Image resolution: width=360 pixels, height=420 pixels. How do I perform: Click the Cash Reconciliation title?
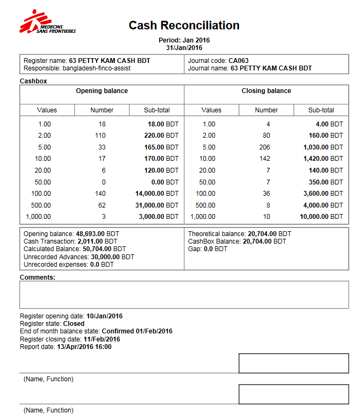pyautogui.click(x=184, y=25)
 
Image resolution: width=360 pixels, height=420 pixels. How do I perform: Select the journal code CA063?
pyautogui.click(x=238, y=61)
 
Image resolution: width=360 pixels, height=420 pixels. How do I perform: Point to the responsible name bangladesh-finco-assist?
pyautogui.click(x=97, y=68)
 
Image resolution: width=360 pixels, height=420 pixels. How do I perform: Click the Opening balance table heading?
pyautogui.click(x=102, y=91)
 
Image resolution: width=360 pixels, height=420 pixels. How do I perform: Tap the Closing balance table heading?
pyautogui.click(x=266, y=91)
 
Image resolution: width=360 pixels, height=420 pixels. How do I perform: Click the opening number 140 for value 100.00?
pyautogui.click(x=102, y=193)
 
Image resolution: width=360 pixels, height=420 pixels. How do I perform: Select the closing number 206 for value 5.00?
pyautogui.click(x=266, y=147)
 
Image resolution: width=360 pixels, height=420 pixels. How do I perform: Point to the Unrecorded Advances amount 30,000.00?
pyautogui.click(x=109, y=257)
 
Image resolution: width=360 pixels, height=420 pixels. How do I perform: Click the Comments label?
pyautogui.click(x=38, y=277)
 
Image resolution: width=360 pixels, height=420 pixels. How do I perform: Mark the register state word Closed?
pyautogui.click(x=74, y=324)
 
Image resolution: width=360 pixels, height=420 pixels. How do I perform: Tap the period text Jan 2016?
pyautogui.click(x=196, y=40)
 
